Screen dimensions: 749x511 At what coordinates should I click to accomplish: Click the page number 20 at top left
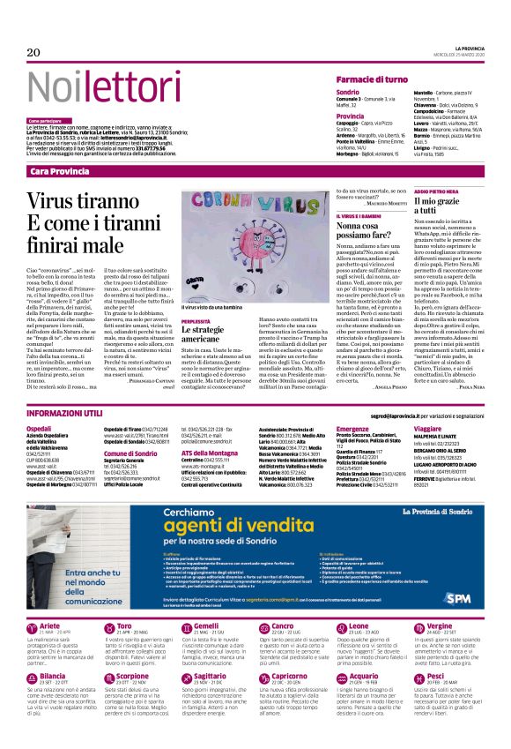coord(34,53)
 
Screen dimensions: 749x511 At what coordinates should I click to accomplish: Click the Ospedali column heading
coord(40,428)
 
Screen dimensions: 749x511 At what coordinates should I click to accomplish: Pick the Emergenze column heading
coord(352,428)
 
